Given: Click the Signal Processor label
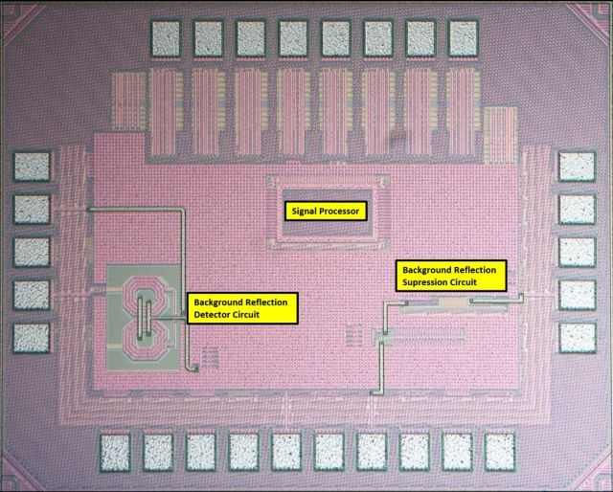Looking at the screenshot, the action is [326, 211].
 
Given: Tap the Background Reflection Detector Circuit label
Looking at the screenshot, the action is [242, 308].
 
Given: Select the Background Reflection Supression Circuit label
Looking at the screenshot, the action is [451, 276].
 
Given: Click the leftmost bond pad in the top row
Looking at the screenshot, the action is [166, 38].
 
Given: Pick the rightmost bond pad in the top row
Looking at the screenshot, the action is [464, 38].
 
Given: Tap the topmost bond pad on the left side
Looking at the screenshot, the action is [32, 167].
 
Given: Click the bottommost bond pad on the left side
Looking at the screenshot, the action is [32, 338].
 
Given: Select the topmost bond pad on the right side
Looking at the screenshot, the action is [578, 167].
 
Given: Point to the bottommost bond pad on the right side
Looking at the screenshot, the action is [578, 338].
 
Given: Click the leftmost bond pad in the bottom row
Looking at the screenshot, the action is [115, 453].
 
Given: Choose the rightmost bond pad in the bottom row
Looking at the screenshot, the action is [500, 453].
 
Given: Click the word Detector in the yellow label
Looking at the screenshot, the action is [211, 315].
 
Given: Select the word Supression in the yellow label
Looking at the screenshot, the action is [420, 282].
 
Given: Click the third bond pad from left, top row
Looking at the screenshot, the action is [251, 38].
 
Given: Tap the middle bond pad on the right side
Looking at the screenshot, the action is [578, 252].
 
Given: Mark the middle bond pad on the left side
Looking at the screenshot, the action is [32, 252].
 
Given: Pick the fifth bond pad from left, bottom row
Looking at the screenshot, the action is [286, 453].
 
